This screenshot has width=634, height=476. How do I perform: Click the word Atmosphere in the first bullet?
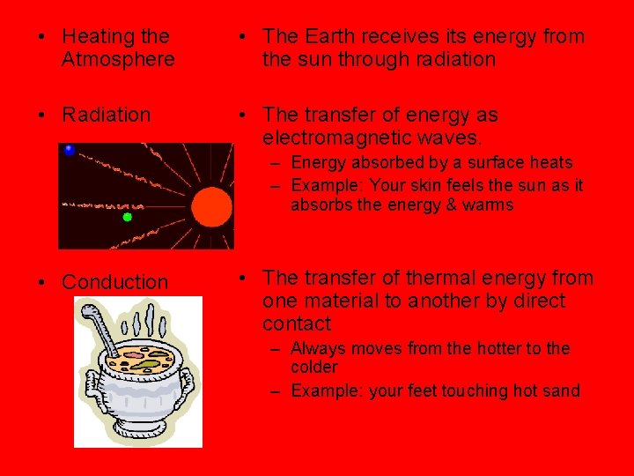118,60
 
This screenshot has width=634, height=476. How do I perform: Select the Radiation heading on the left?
106,115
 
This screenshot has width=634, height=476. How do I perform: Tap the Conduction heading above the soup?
114,282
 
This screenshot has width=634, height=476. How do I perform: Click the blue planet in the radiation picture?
70,151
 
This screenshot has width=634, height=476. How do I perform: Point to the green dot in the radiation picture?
127,216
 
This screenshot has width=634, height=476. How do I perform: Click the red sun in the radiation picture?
210,208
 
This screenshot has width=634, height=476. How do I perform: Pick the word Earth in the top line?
331,36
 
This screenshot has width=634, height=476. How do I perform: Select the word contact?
297,324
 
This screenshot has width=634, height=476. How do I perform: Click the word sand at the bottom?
562,390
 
